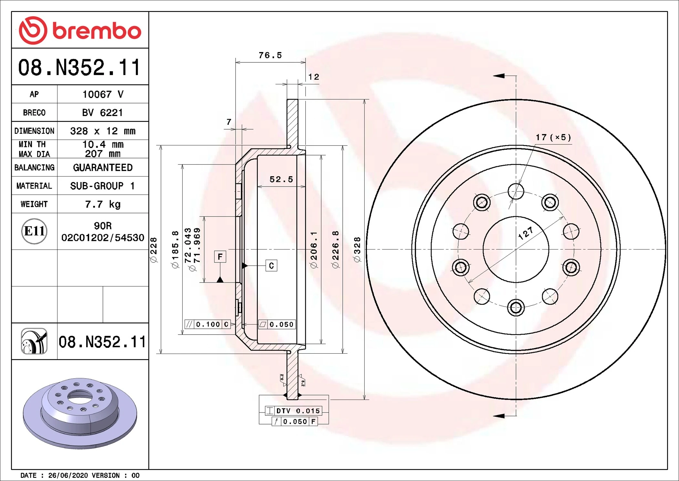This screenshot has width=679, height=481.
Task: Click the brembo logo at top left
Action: pyautogui.click(x=80, y=30)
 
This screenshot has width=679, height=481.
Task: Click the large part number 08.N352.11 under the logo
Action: pyautogui.click(x=79, y=68)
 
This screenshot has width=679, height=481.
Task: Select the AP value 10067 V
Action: pyautogui.click(x=103, y=94)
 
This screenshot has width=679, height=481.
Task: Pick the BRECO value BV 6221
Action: pyautogui.click(x=102, y=113)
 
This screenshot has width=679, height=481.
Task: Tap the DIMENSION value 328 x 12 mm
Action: pyautogui.click(x=103, y=131)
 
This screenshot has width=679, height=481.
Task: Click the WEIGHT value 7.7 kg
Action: pyautogui.click(x=103, y=204)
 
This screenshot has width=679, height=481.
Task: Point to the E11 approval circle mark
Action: pyautogui.click(x=34, y=231)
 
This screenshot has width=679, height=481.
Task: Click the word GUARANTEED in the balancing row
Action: pyautogui.click(x=103, y=167)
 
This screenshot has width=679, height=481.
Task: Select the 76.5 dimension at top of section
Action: pyautogui.click(x=270, y=55)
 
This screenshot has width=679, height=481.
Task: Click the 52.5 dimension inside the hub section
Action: pyautogui.click(x=281, y=179)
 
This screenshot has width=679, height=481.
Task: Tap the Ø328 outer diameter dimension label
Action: pyautogui.click(x=357, y=250)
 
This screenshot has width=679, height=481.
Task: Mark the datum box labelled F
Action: pyautogui.click(x=220, y=257)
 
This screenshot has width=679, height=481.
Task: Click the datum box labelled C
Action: pyautogui.click(x=271, y=266)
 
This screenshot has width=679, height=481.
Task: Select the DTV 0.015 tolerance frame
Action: pyautogui.click(x=293, y=411)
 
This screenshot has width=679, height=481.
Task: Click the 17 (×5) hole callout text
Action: pyautogui.click(x=553, y=137)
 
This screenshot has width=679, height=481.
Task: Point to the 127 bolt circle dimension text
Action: pyautogui.click(x=526, y=233)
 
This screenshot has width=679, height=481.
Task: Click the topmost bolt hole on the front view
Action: pyautogui.click(x=516, y=191)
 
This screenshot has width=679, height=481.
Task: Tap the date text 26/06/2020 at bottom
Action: pyautogui.click(x=68, y=476)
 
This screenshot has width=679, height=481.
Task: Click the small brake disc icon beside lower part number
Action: pyautogui.click(x=34, y=341)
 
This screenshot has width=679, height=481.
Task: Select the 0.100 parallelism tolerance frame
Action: pyautogui.click(x=208, y=324)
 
